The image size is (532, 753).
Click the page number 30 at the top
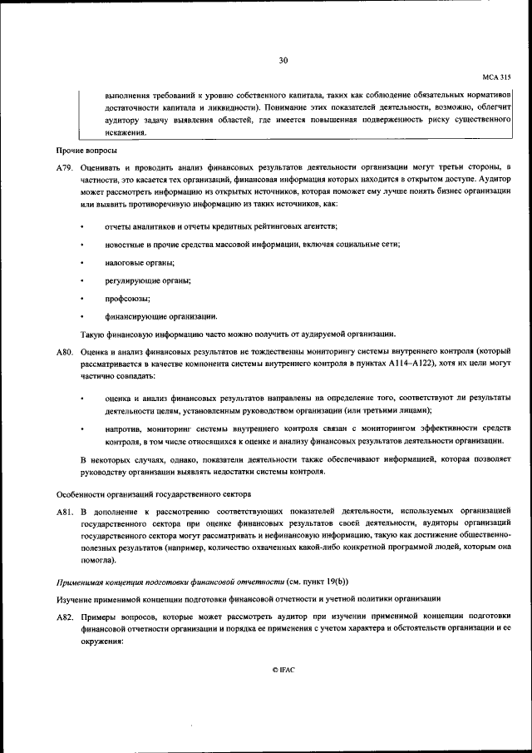click(x=283, y=61)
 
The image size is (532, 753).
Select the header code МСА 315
click(x=496, y=77)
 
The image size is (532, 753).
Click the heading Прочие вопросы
click(x=86, y=151)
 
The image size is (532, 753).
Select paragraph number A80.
click(x=66, y=353)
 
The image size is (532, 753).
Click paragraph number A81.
click(x=66, y=508)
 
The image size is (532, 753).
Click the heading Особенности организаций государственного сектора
click(x=154, y=491)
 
